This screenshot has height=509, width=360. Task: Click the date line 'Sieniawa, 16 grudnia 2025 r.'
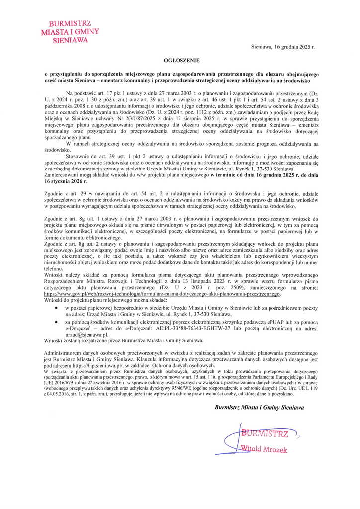(283, 46)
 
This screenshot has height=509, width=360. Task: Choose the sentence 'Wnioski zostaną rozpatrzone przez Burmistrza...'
(124, 340)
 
